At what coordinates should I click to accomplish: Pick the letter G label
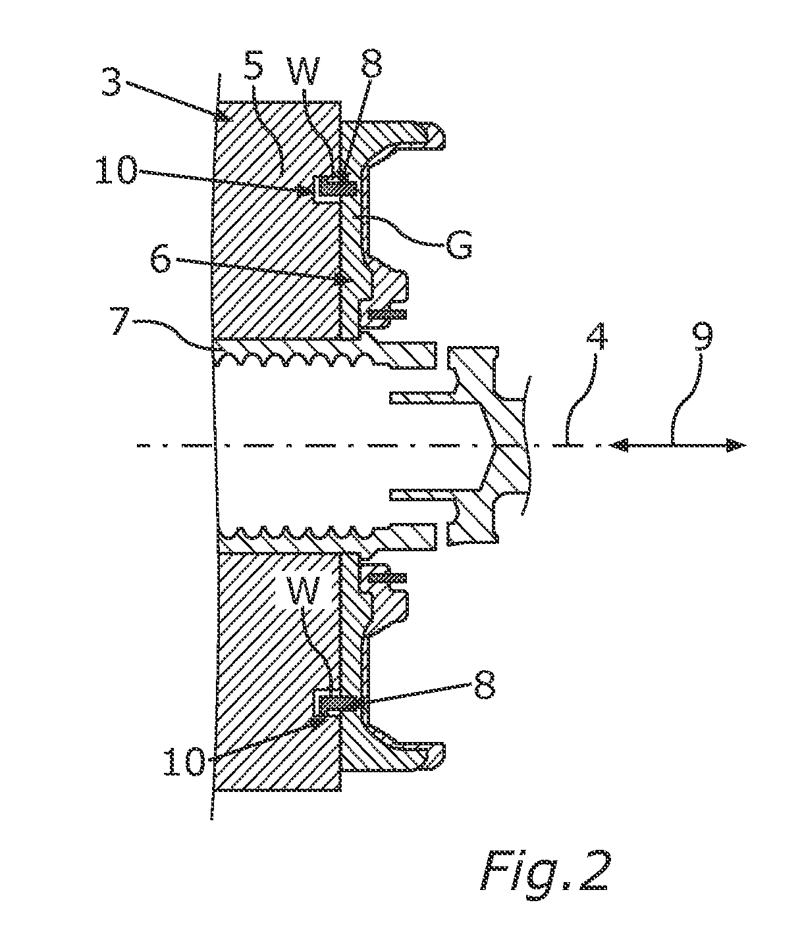tap(458, 245)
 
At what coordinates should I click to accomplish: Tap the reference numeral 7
tap(121, 322)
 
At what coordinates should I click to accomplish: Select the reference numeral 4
tap(595, 336)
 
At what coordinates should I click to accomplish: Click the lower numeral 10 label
tap(185, 762)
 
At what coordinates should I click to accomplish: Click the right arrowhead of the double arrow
tap(735, 445)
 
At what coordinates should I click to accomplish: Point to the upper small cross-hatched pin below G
tap(388, 313)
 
